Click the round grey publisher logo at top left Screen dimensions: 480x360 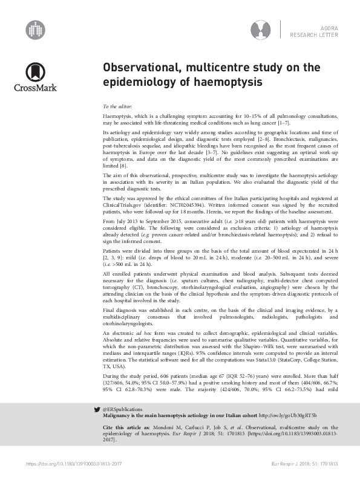point(36,29)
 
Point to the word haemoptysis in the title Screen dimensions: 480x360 point(220,80)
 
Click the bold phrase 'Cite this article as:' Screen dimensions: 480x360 point(123,427)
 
